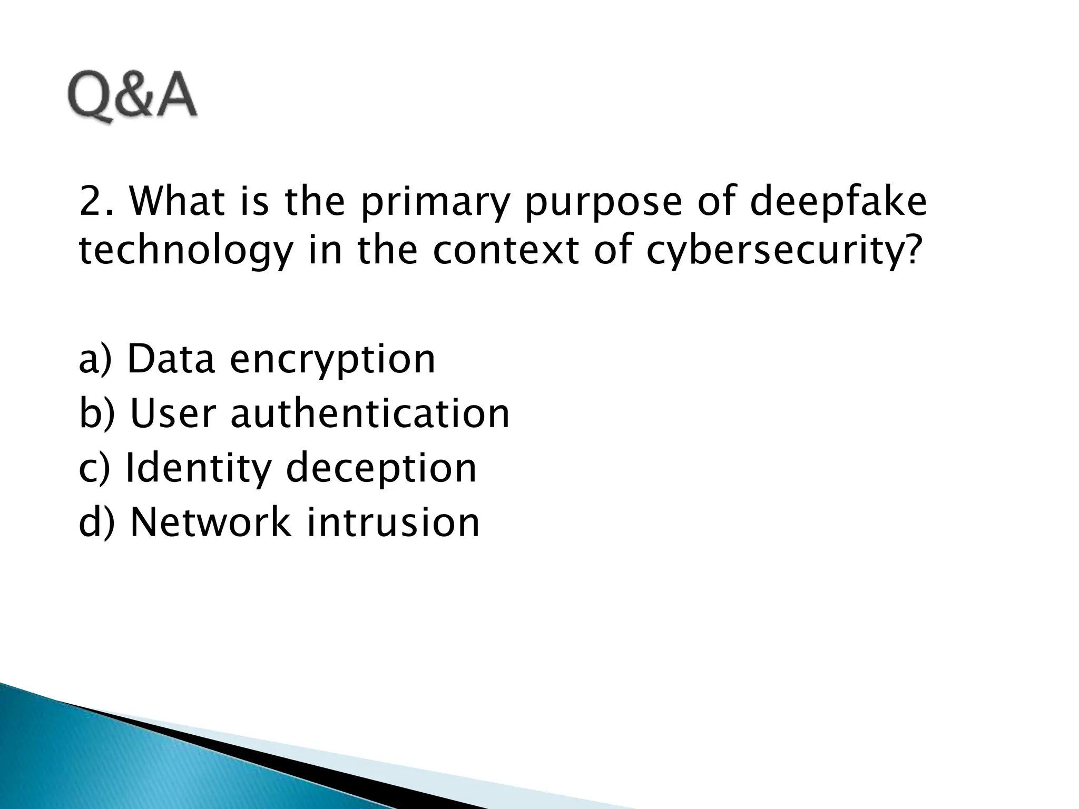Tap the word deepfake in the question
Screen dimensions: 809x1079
point(838,203)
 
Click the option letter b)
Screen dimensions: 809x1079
point(96,413)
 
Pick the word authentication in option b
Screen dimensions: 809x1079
point(370,413)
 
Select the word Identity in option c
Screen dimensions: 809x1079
point(198,469)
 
